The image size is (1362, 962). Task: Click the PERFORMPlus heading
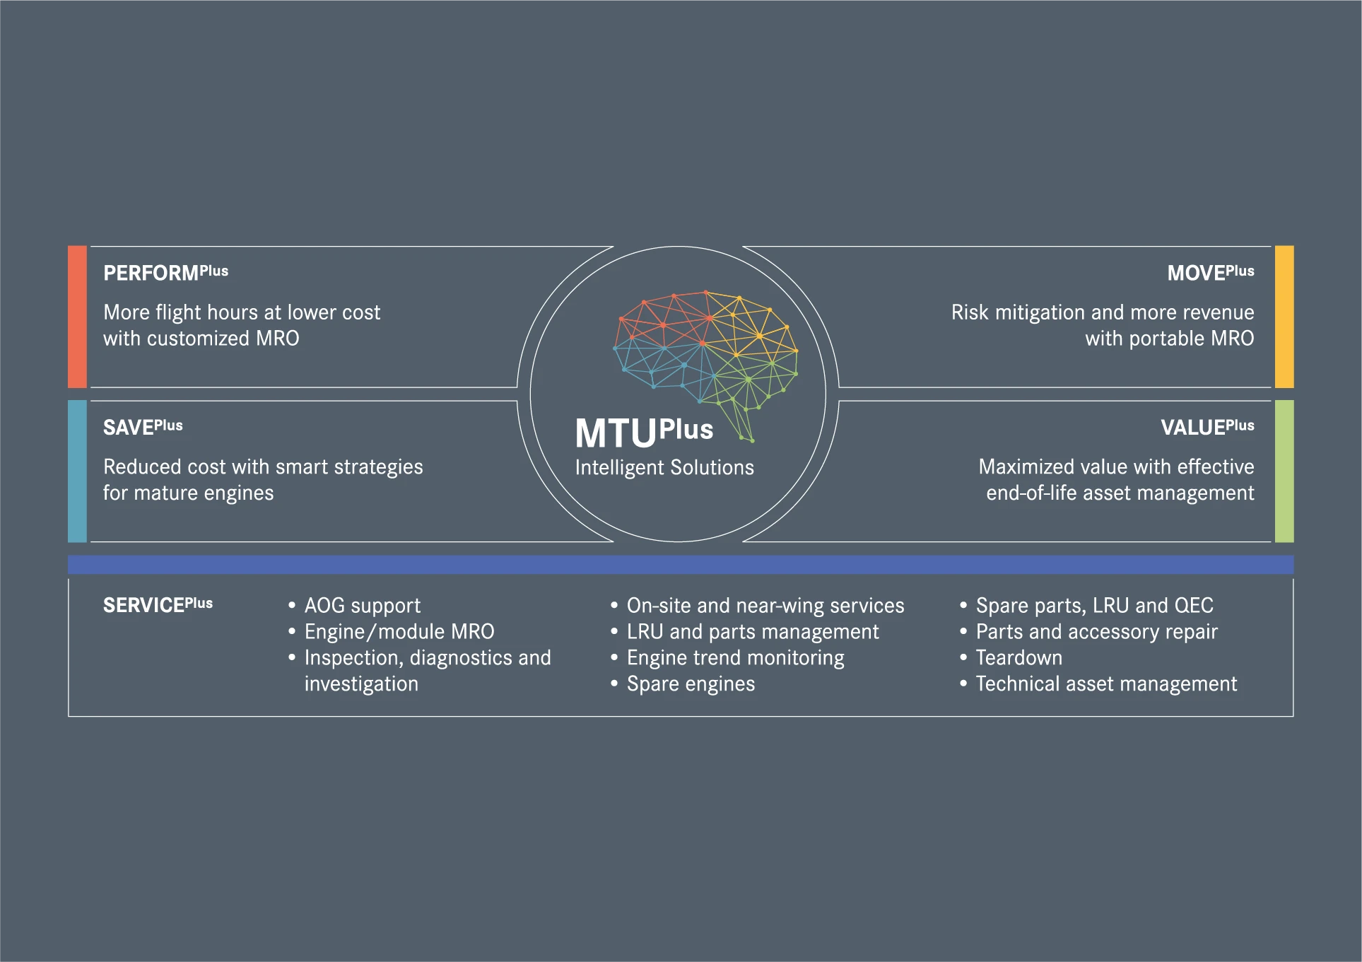click(166, 272)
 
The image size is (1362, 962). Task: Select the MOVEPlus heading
click(1211, 272)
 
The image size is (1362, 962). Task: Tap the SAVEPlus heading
click(143, 427)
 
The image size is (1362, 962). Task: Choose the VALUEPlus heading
click(1208, 427)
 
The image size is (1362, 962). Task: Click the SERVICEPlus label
click(158, 605)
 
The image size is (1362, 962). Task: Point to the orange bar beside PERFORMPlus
click(77, 317)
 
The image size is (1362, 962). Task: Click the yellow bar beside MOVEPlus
click(1284, 317)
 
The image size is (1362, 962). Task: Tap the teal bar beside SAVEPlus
click(77, 471)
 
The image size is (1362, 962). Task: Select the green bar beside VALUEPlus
click(1284, 471)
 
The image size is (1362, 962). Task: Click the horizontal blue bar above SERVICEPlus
click(681, 565)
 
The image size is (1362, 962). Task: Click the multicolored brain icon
click(705, 365)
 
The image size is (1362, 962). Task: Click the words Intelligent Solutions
click(664, 468)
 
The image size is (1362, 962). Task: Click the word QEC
click(1194, 606)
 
